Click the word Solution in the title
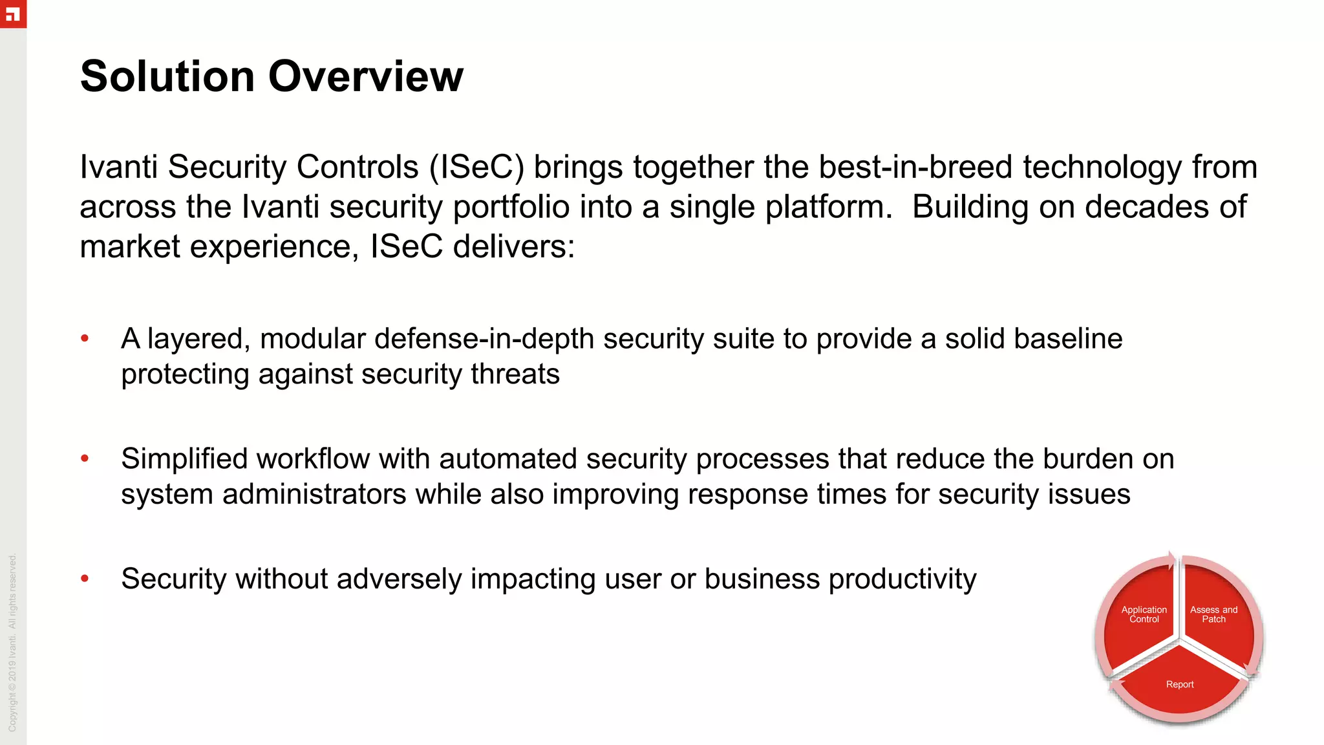pyautogui.click(x=167, y=76)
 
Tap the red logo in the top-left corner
pyautogui.click(x=13, y=14)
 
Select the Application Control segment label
pyautogui.click(x=1144, y=614)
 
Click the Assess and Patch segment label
pyautogui.click(x=1213, y=614)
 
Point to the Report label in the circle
pyautogui.click(x=1179, y=684)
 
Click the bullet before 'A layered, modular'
pyautogui.click(x=85, y=338)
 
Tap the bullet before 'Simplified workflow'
pyautogui.click(x=85, y=459)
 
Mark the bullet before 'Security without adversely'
pyautogui.click(x=85, y=578)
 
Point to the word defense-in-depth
pyautogui.click(x=484, y=339)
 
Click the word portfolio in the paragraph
pyautogui.click(x=511, y=208)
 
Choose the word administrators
pyautogui.click(x=314, y=495)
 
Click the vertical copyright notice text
pyautogui.click(x=13, y=643)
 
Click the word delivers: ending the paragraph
pyautogui.click(x=513, y=247)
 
